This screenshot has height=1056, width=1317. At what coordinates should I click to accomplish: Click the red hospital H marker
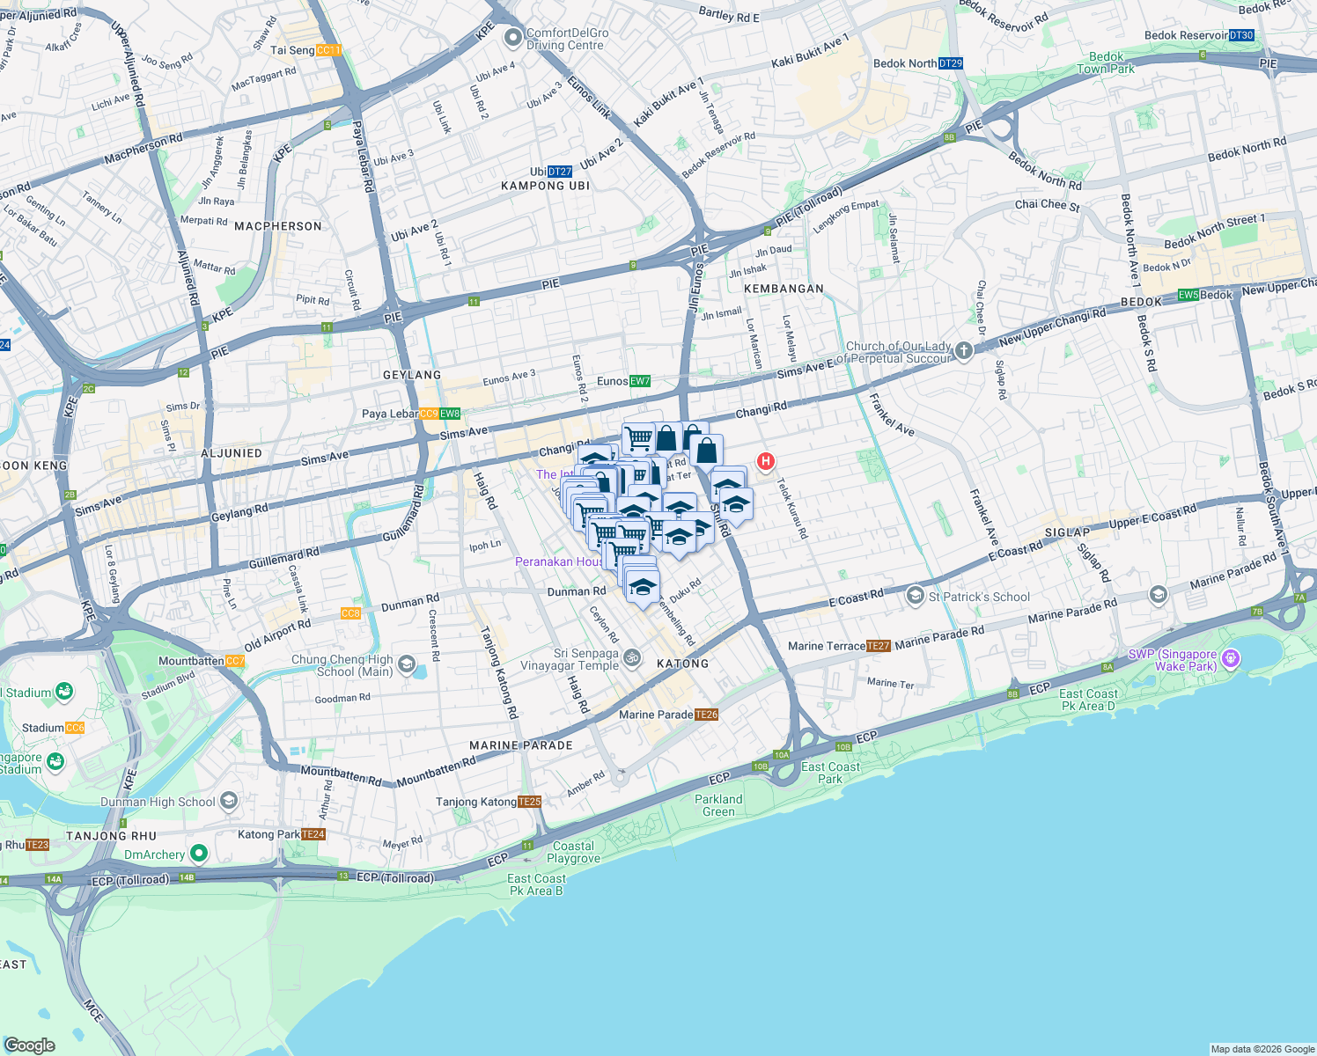pos(766,460)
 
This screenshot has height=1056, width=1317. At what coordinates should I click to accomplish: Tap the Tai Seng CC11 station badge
pos(328,50)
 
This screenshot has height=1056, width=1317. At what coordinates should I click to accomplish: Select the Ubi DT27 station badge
pos(560,172)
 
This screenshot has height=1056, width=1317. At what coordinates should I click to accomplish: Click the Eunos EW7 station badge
pos(640,381)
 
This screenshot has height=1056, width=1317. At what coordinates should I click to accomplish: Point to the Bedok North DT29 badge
pos(951,63)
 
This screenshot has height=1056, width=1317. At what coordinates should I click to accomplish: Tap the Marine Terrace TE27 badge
pos(879,646)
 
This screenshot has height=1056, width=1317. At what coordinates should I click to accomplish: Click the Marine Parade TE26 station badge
pos(707,715)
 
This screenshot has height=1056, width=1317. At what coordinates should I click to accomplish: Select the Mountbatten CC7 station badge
pos(235,661)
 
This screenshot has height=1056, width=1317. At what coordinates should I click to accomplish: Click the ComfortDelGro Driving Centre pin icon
pos(512,39)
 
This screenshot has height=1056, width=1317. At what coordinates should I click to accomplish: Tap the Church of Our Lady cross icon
pos(964,351)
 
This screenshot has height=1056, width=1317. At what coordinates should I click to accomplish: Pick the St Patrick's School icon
pos(916,596)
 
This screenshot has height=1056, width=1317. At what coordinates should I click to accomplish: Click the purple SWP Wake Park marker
pos(1231,658)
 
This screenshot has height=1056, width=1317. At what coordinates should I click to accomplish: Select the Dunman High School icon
pos(229,801)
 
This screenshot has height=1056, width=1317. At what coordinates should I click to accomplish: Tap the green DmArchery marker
pos(199,854)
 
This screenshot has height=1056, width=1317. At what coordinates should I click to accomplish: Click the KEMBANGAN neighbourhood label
pos(784,289)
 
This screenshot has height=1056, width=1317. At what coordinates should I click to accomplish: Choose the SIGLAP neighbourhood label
pos(1067,532)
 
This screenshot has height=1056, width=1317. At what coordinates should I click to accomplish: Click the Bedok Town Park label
pos(1106,62)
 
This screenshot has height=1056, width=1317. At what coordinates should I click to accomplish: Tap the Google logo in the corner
pos(30,1045)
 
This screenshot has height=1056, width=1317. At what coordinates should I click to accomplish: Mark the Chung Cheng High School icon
pos(407,664)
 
